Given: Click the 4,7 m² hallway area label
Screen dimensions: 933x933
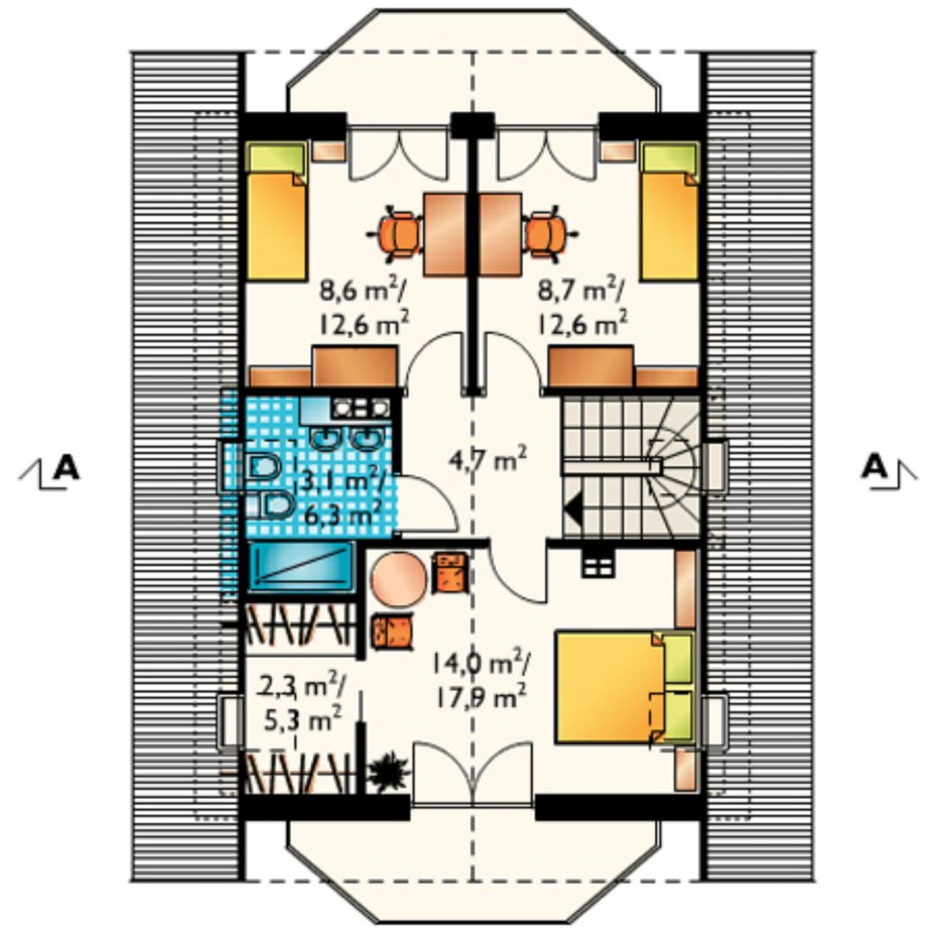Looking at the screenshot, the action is point(487,459).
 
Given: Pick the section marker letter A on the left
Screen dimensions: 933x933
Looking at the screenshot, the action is point(65,467).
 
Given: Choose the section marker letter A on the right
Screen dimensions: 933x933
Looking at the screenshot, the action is point(874,467).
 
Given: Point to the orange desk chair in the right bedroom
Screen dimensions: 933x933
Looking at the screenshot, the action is point(547,234).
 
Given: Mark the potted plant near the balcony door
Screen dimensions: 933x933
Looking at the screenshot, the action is point(388,772).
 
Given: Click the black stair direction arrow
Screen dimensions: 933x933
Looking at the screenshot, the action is point(573,510).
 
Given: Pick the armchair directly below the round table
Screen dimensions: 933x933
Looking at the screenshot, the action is point(392,631).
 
